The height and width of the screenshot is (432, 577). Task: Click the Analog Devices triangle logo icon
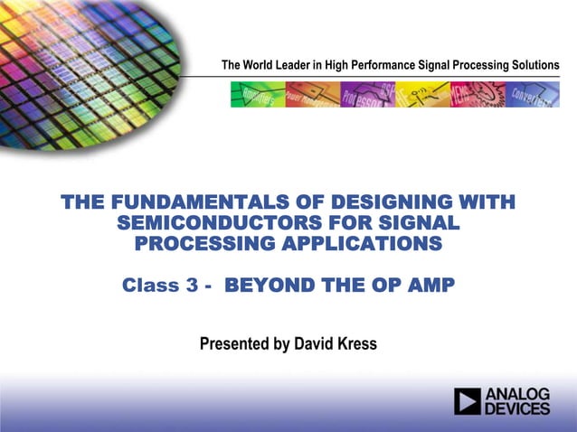click(x=468, y=401)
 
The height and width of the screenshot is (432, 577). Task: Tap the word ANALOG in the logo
click(x=518, y=394)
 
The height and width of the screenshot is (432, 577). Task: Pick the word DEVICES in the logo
click(x=518, y=409)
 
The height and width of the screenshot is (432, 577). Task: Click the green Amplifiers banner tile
click(x=257, y=95)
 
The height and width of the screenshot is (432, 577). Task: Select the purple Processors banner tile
click(x=366, y=95)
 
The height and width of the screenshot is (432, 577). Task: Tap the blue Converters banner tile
click(x=532, y=95)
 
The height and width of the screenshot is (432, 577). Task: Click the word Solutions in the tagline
click(x=533, y=65)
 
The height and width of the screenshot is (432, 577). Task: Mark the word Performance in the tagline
click(x=382, y=65)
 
